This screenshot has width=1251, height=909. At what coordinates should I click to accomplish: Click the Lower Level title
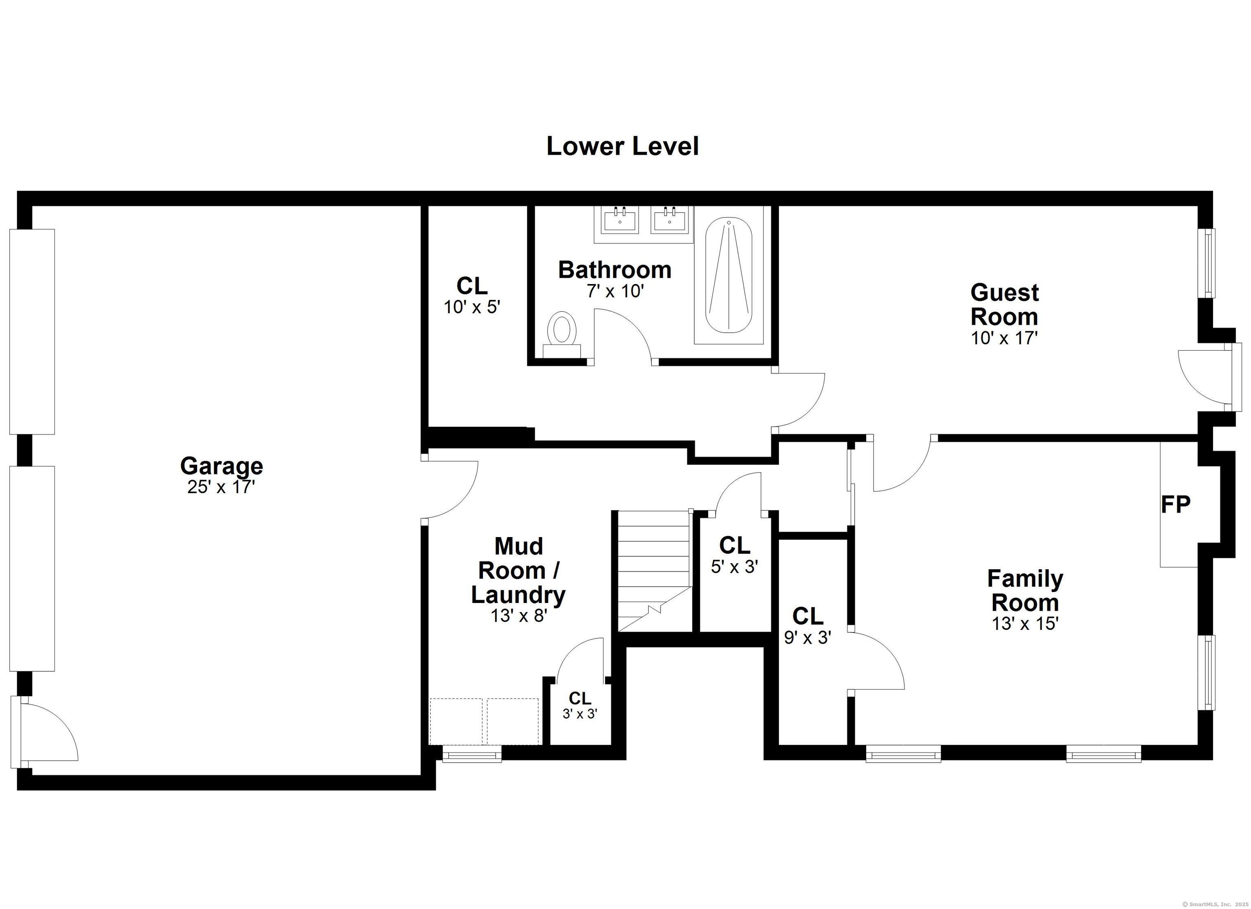point(623,146)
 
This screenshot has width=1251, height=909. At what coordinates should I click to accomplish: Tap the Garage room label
point(222,466)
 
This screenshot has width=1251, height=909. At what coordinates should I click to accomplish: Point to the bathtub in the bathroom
point(729,275)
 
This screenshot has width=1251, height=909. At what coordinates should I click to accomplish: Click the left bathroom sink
point(620,219)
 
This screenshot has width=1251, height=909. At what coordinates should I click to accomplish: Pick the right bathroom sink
point(669,219)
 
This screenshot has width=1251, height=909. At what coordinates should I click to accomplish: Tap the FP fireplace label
point(1175,504)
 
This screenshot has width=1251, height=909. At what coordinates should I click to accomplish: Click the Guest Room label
point(1005,304)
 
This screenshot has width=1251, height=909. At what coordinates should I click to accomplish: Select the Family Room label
point(1025,590)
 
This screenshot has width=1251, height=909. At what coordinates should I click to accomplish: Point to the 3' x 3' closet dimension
point(580,714)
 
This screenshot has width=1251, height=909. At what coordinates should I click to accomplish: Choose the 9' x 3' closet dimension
point(808,638)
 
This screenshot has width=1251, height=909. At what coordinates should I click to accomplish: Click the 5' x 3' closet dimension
point(735,567)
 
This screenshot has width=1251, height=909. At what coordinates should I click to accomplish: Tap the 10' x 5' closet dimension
point(472,307)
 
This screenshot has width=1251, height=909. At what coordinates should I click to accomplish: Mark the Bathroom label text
point(615,270)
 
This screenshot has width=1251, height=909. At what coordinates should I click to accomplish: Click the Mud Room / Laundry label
point(518,570)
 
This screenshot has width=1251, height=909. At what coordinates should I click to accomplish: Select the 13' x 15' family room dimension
point(1025,623)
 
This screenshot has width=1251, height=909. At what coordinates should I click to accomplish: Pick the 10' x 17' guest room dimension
point(1005,338)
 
